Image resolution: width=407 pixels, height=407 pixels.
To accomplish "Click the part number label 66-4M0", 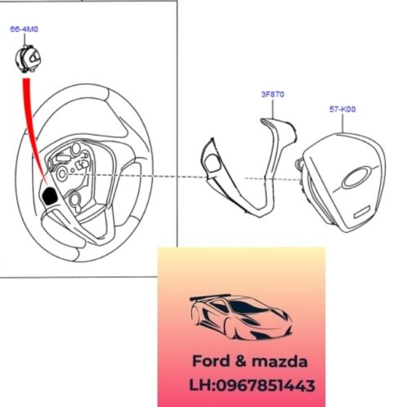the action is point(25,29).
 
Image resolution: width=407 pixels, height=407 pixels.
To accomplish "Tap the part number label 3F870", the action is point(273,94).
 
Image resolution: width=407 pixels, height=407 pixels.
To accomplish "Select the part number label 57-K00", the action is point(342,110).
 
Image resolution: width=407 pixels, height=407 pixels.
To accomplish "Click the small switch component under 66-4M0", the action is point(28,59).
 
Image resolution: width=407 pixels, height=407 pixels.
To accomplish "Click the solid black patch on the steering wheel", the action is point(50,195).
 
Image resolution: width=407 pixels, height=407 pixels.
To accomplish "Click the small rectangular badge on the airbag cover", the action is point(362,212).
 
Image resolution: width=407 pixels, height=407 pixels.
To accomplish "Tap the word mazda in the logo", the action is point(280,362).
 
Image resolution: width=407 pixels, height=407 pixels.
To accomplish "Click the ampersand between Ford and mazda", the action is point(240,361).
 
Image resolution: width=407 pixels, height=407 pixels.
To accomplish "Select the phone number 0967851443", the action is point(266,386).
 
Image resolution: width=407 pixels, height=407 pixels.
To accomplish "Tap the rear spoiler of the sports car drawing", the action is point(210,297).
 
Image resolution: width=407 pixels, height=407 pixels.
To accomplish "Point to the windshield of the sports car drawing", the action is point(247,307).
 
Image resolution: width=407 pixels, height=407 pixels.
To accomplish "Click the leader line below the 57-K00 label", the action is point(342,123).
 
